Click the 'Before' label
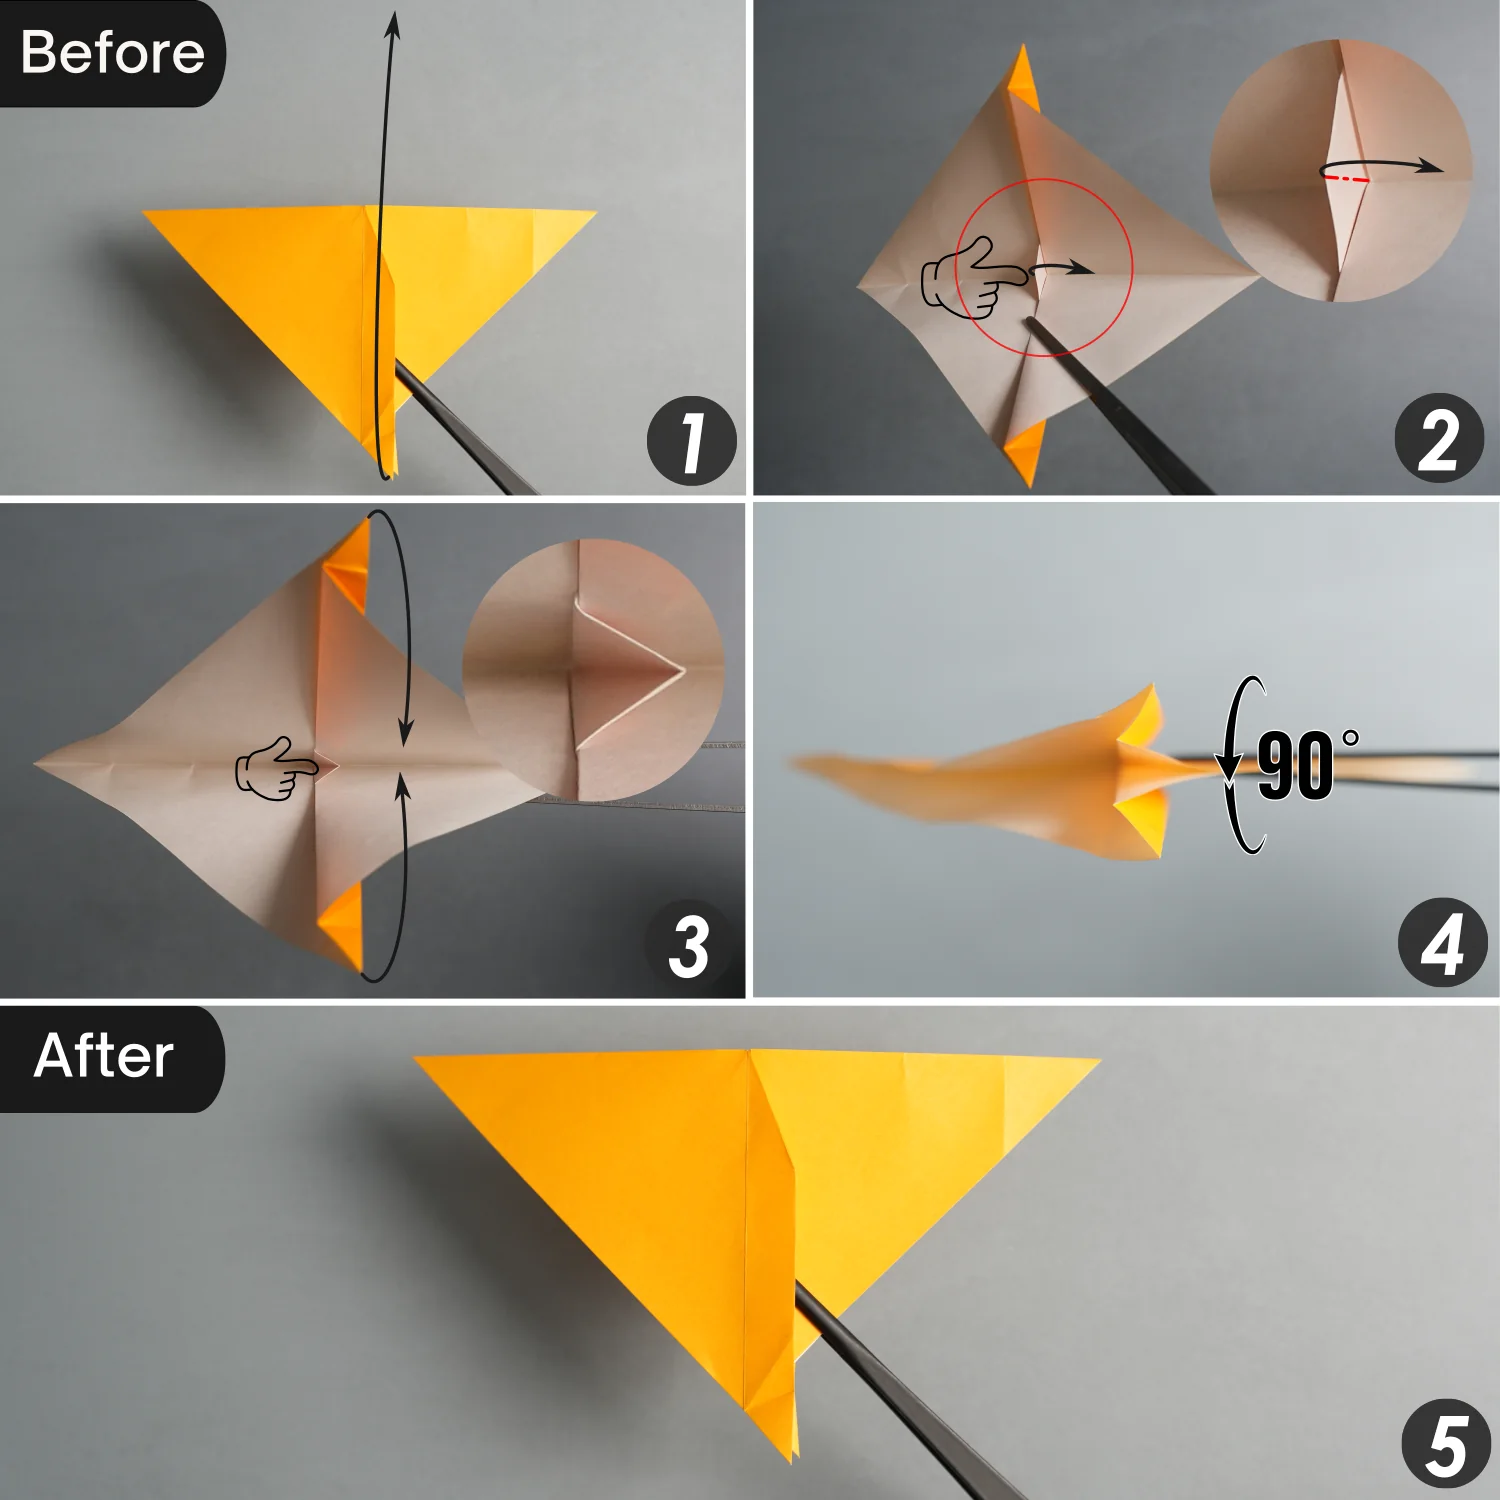point(112,53)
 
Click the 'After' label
point(104,1057)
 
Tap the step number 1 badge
point(691,441)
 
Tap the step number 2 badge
point(1439,439)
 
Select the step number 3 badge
point(689,945)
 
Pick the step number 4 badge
point(1441,943)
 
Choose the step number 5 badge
point(1445,1445)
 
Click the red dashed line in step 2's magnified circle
point(1347,179)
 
